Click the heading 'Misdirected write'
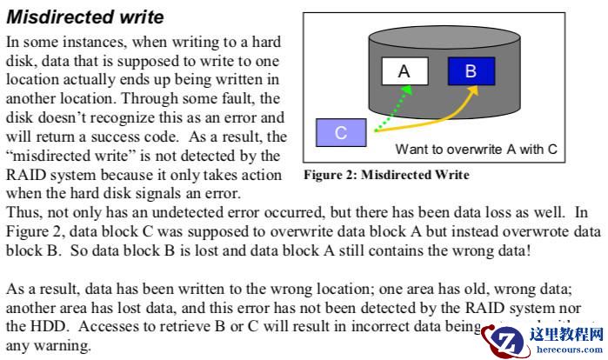click(84, 17)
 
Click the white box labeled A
click(404, 71)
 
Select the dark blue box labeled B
click(471, 71)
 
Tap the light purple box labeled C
click(341, 133)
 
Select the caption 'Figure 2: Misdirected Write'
click(386, 175)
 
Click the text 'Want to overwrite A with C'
click(476, 149)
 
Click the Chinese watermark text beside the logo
click(565, 331)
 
